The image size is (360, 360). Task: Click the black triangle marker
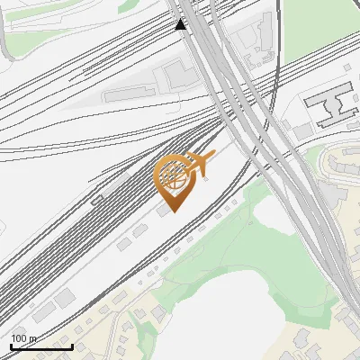click(181, 24)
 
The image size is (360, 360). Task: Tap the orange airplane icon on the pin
click(201, 162)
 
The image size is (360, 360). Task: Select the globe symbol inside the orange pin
click(173, 176)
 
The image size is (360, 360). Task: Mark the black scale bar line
click(41, 346)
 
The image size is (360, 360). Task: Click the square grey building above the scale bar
click(65, 297)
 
